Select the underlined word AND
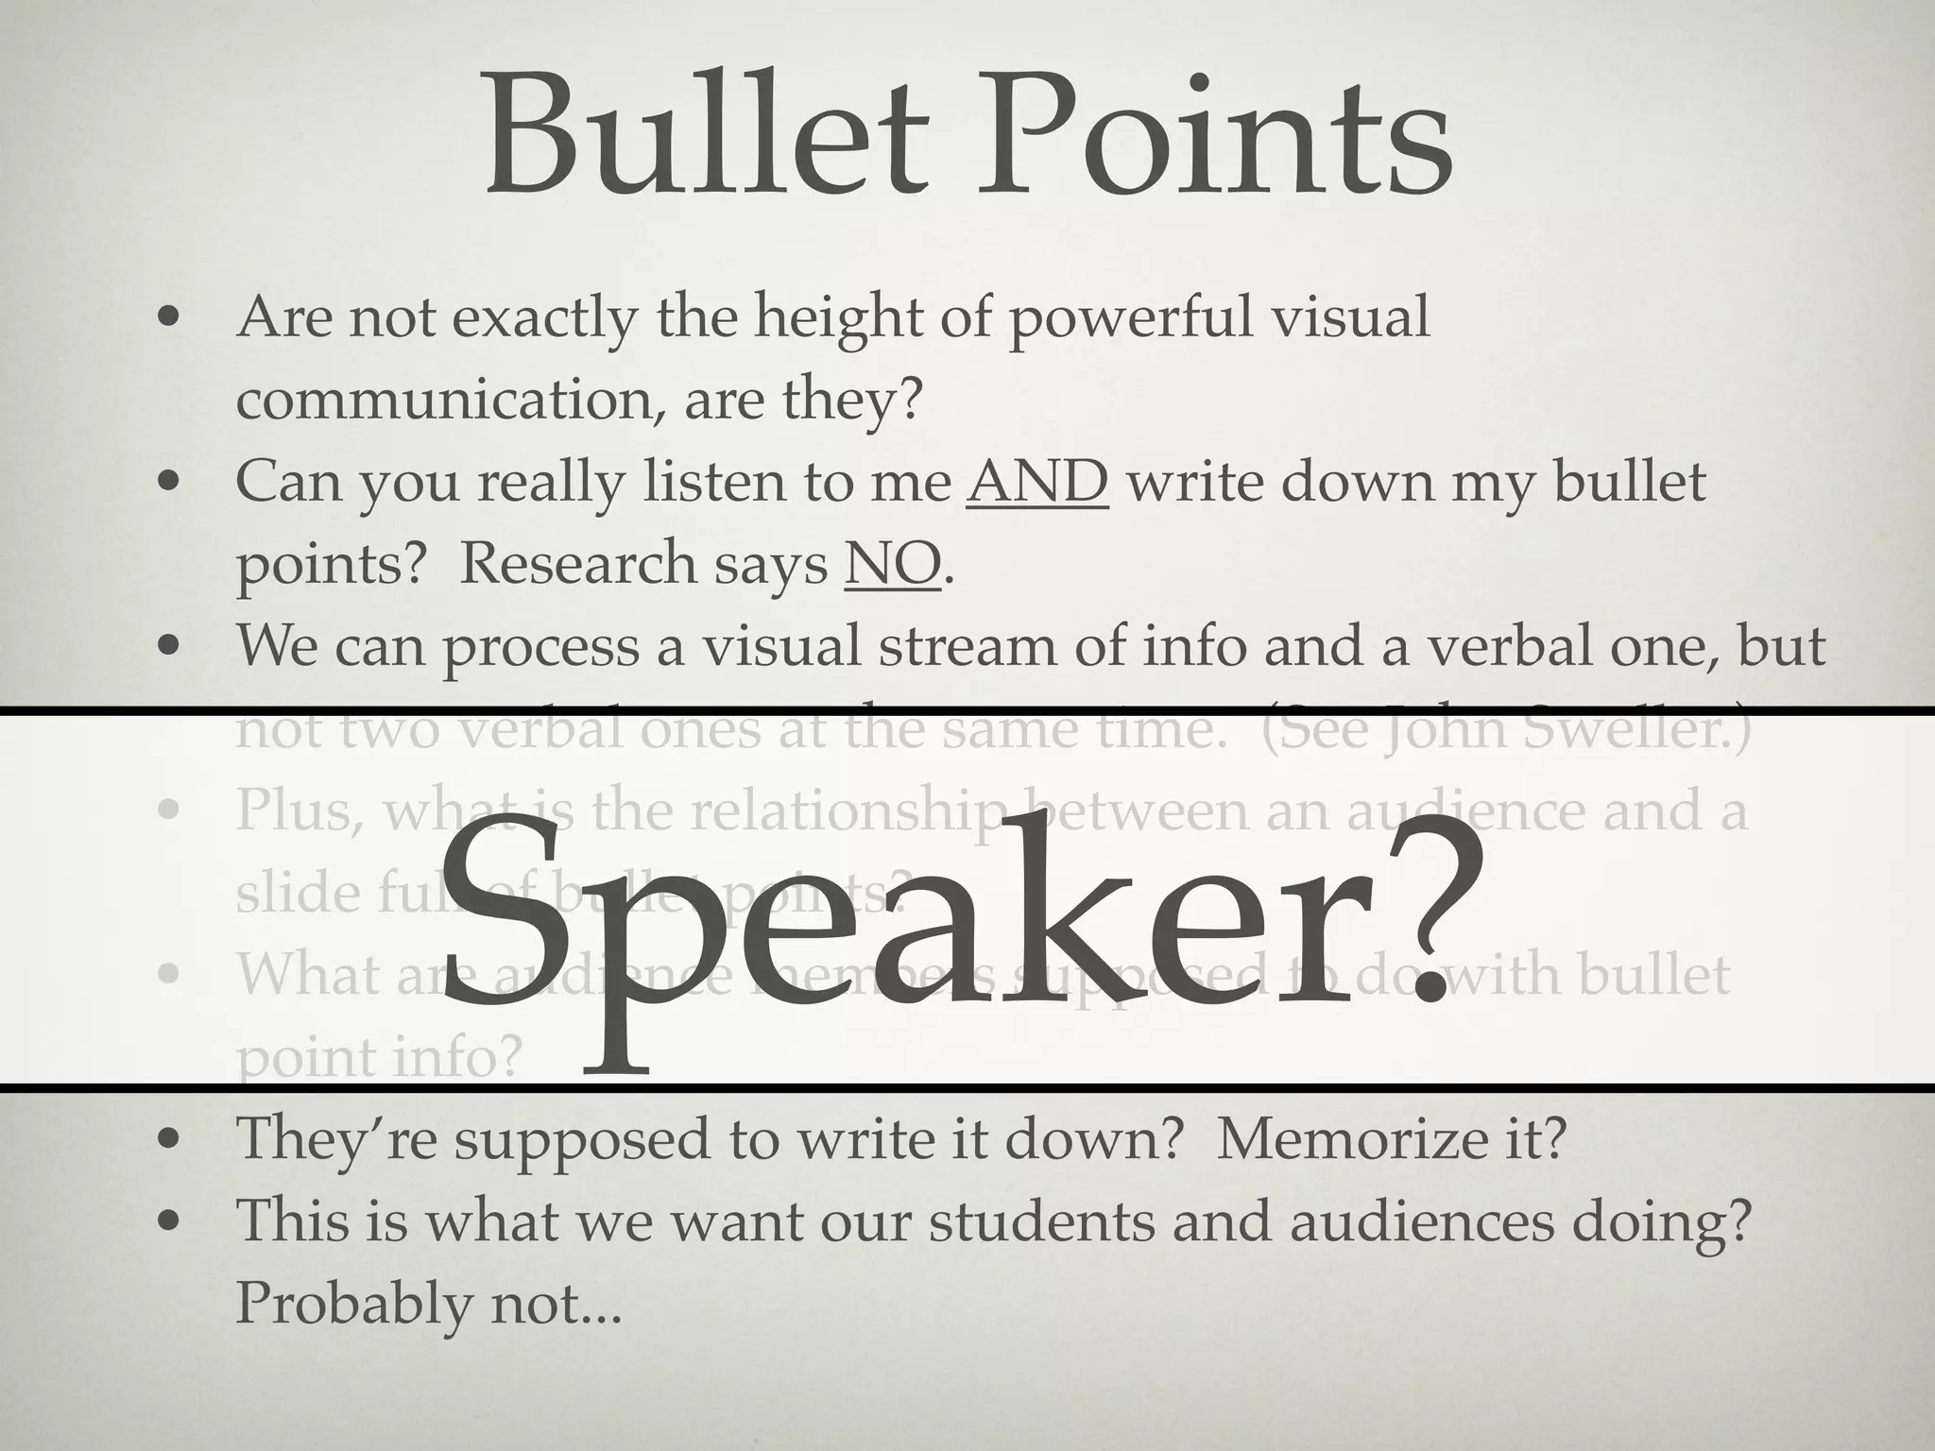(x=1036, y=482)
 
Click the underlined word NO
(x=893, y=564)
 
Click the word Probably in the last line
(x=353, y=1304)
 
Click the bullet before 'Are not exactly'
(x=169, y=318)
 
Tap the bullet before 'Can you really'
(x=169, y=483)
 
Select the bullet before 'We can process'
(x=169, y=647)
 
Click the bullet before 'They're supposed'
(x=169, y=1139)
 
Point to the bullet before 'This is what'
(x=169, y=1221)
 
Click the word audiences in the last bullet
(x=1421, y=1221)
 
